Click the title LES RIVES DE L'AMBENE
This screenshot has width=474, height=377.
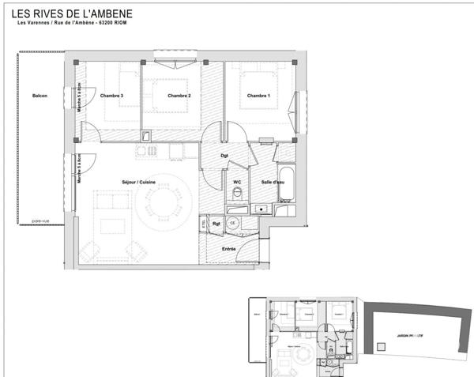pos(72,14)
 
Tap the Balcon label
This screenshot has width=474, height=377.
pos(39,96)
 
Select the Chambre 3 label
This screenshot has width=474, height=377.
pos(111,96)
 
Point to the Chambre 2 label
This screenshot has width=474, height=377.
pos(180,96)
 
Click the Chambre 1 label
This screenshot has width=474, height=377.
pos(258,96)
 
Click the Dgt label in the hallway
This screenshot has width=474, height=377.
pos(224,155)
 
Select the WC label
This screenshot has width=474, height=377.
pos(236,182)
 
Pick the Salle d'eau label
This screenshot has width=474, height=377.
pos(273,182)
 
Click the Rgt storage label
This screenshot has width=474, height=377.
pos(216,224)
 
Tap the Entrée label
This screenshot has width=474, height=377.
pos(228,248)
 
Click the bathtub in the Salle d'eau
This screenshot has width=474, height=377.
pos(285,183)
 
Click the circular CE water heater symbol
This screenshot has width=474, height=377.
pos(233,224)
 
